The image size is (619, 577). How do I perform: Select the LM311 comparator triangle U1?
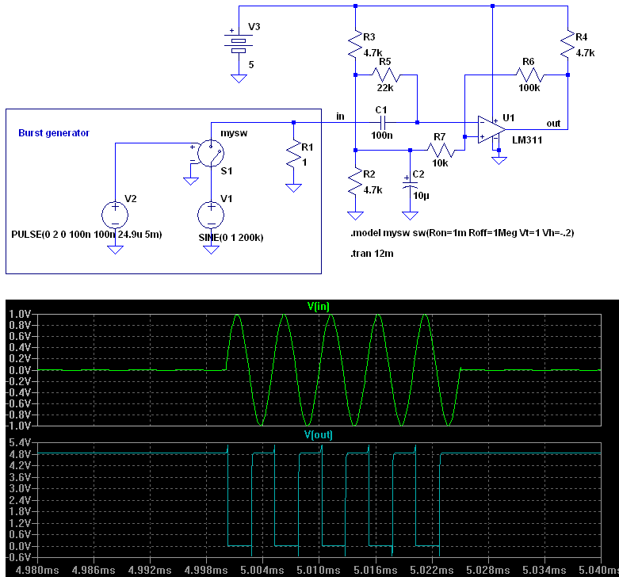pyautogui.click(x=491, y=129)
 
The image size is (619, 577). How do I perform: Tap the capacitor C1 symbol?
pyautogui.click(x=382, y=123)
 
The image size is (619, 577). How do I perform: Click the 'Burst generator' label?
pyautogui.click(x=54, y=133)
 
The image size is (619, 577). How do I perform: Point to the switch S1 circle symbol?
pyautogui.click(x=211, y=153)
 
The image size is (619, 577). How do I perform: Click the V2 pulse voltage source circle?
pyautogui.click(x=115, y=215)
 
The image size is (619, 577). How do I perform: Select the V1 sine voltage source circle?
pyautogui.click(x=211, y=215)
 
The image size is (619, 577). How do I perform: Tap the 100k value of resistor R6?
pyautogui.click(x=529, y=88)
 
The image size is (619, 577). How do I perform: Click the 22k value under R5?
pyautogui.click(x=385, y=88)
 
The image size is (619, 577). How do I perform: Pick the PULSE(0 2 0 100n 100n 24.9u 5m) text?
pyautogui.click(x=86, y=235)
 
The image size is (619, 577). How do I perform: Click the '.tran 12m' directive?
pyautogui.click(x=372, y=254)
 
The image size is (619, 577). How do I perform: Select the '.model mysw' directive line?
pyautogui.click(x=462, y=233)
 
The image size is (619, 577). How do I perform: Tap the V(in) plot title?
pyautogui.click(x=318, y=306)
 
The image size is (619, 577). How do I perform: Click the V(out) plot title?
pyautogui.click(x=318, y=435)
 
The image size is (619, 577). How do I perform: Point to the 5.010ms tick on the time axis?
pyautogui.click(x=318, y=570)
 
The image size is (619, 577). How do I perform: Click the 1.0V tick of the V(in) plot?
pyautogui.click(x=20, y=314)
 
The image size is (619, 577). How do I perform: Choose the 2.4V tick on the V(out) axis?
pyautogui.click(x=20, y=500)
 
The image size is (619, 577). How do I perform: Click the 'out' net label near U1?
pyautogui.click(x=553, y=124)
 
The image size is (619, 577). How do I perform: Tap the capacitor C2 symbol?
pyautogui.click(x=410, y=185)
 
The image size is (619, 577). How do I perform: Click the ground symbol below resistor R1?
pyautogui.click(x=293, y=188)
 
